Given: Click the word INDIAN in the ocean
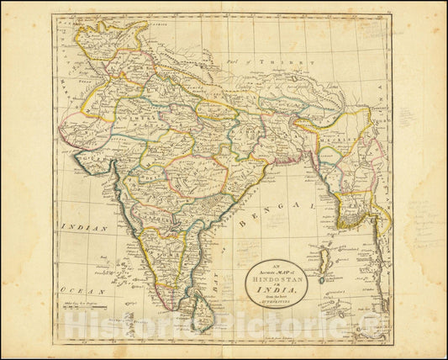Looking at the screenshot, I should tap(87, 228).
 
